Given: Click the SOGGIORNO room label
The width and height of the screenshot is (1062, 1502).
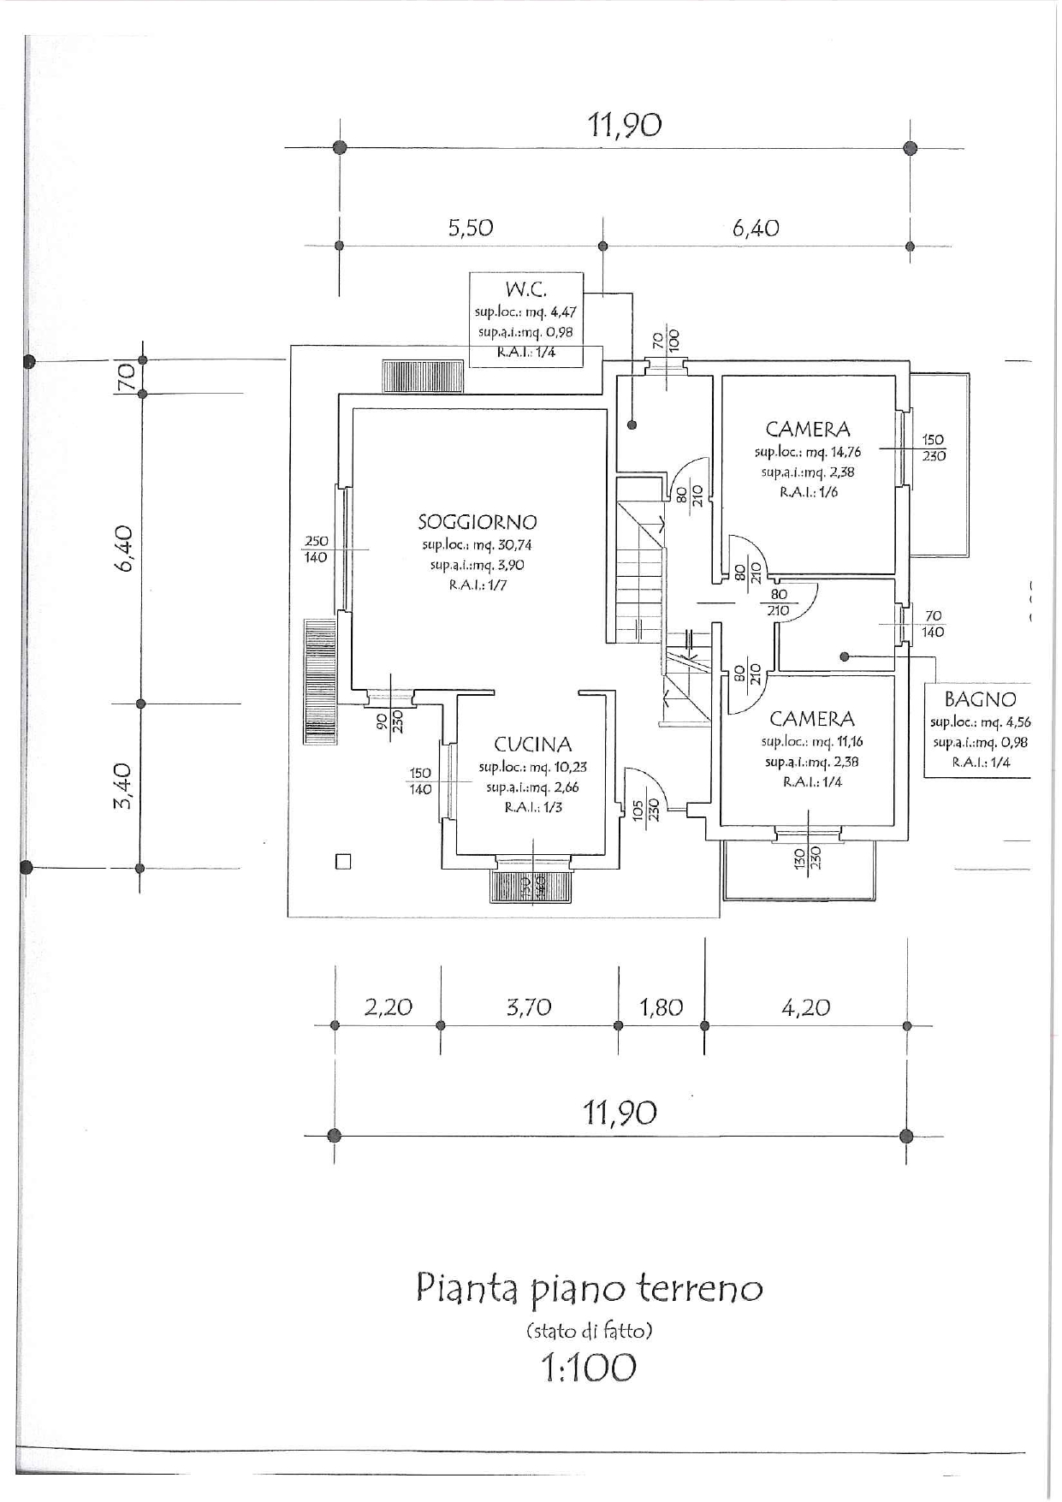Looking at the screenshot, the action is [x=478, y=521].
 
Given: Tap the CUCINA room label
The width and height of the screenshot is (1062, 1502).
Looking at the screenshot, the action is [x=532, y=745].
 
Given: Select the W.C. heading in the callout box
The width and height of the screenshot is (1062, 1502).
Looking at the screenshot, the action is [x=525, y=289].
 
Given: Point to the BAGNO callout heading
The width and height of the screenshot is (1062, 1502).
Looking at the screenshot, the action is [x=980, y=699].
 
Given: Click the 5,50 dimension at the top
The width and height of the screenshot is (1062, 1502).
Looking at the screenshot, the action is [x=471, y=228].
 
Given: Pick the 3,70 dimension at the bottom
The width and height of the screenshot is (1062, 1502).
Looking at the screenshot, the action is [x=528, y=1007].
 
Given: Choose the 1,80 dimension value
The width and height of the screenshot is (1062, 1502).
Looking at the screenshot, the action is [x=661, y=1007].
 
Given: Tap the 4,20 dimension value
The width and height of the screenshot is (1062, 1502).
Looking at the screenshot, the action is [x=805, y=1007].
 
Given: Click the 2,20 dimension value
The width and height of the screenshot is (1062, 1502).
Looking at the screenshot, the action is [x=388, y=1007].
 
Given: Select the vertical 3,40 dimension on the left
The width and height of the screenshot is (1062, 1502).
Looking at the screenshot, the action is [x=123, y=785].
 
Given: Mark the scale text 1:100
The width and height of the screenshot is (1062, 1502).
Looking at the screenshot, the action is [x=589, y=1367].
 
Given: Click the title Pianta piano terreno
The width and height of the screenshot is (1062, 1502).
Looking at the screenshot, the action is [x=589, y=1290].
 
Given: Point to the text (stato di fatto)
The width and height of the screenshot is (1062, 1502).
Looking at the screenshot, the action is [x=589, y=1331].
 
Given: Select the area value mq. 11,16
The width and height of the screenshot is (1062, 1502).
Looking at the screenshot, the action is [x=830, y=742].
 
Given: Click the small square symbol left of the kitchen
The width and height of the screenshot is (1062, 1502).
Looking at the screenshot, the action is [x=343, y=862].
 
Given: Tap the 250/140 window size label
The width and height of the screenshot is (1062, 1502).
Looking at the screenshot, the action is [x=316, y=549].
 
